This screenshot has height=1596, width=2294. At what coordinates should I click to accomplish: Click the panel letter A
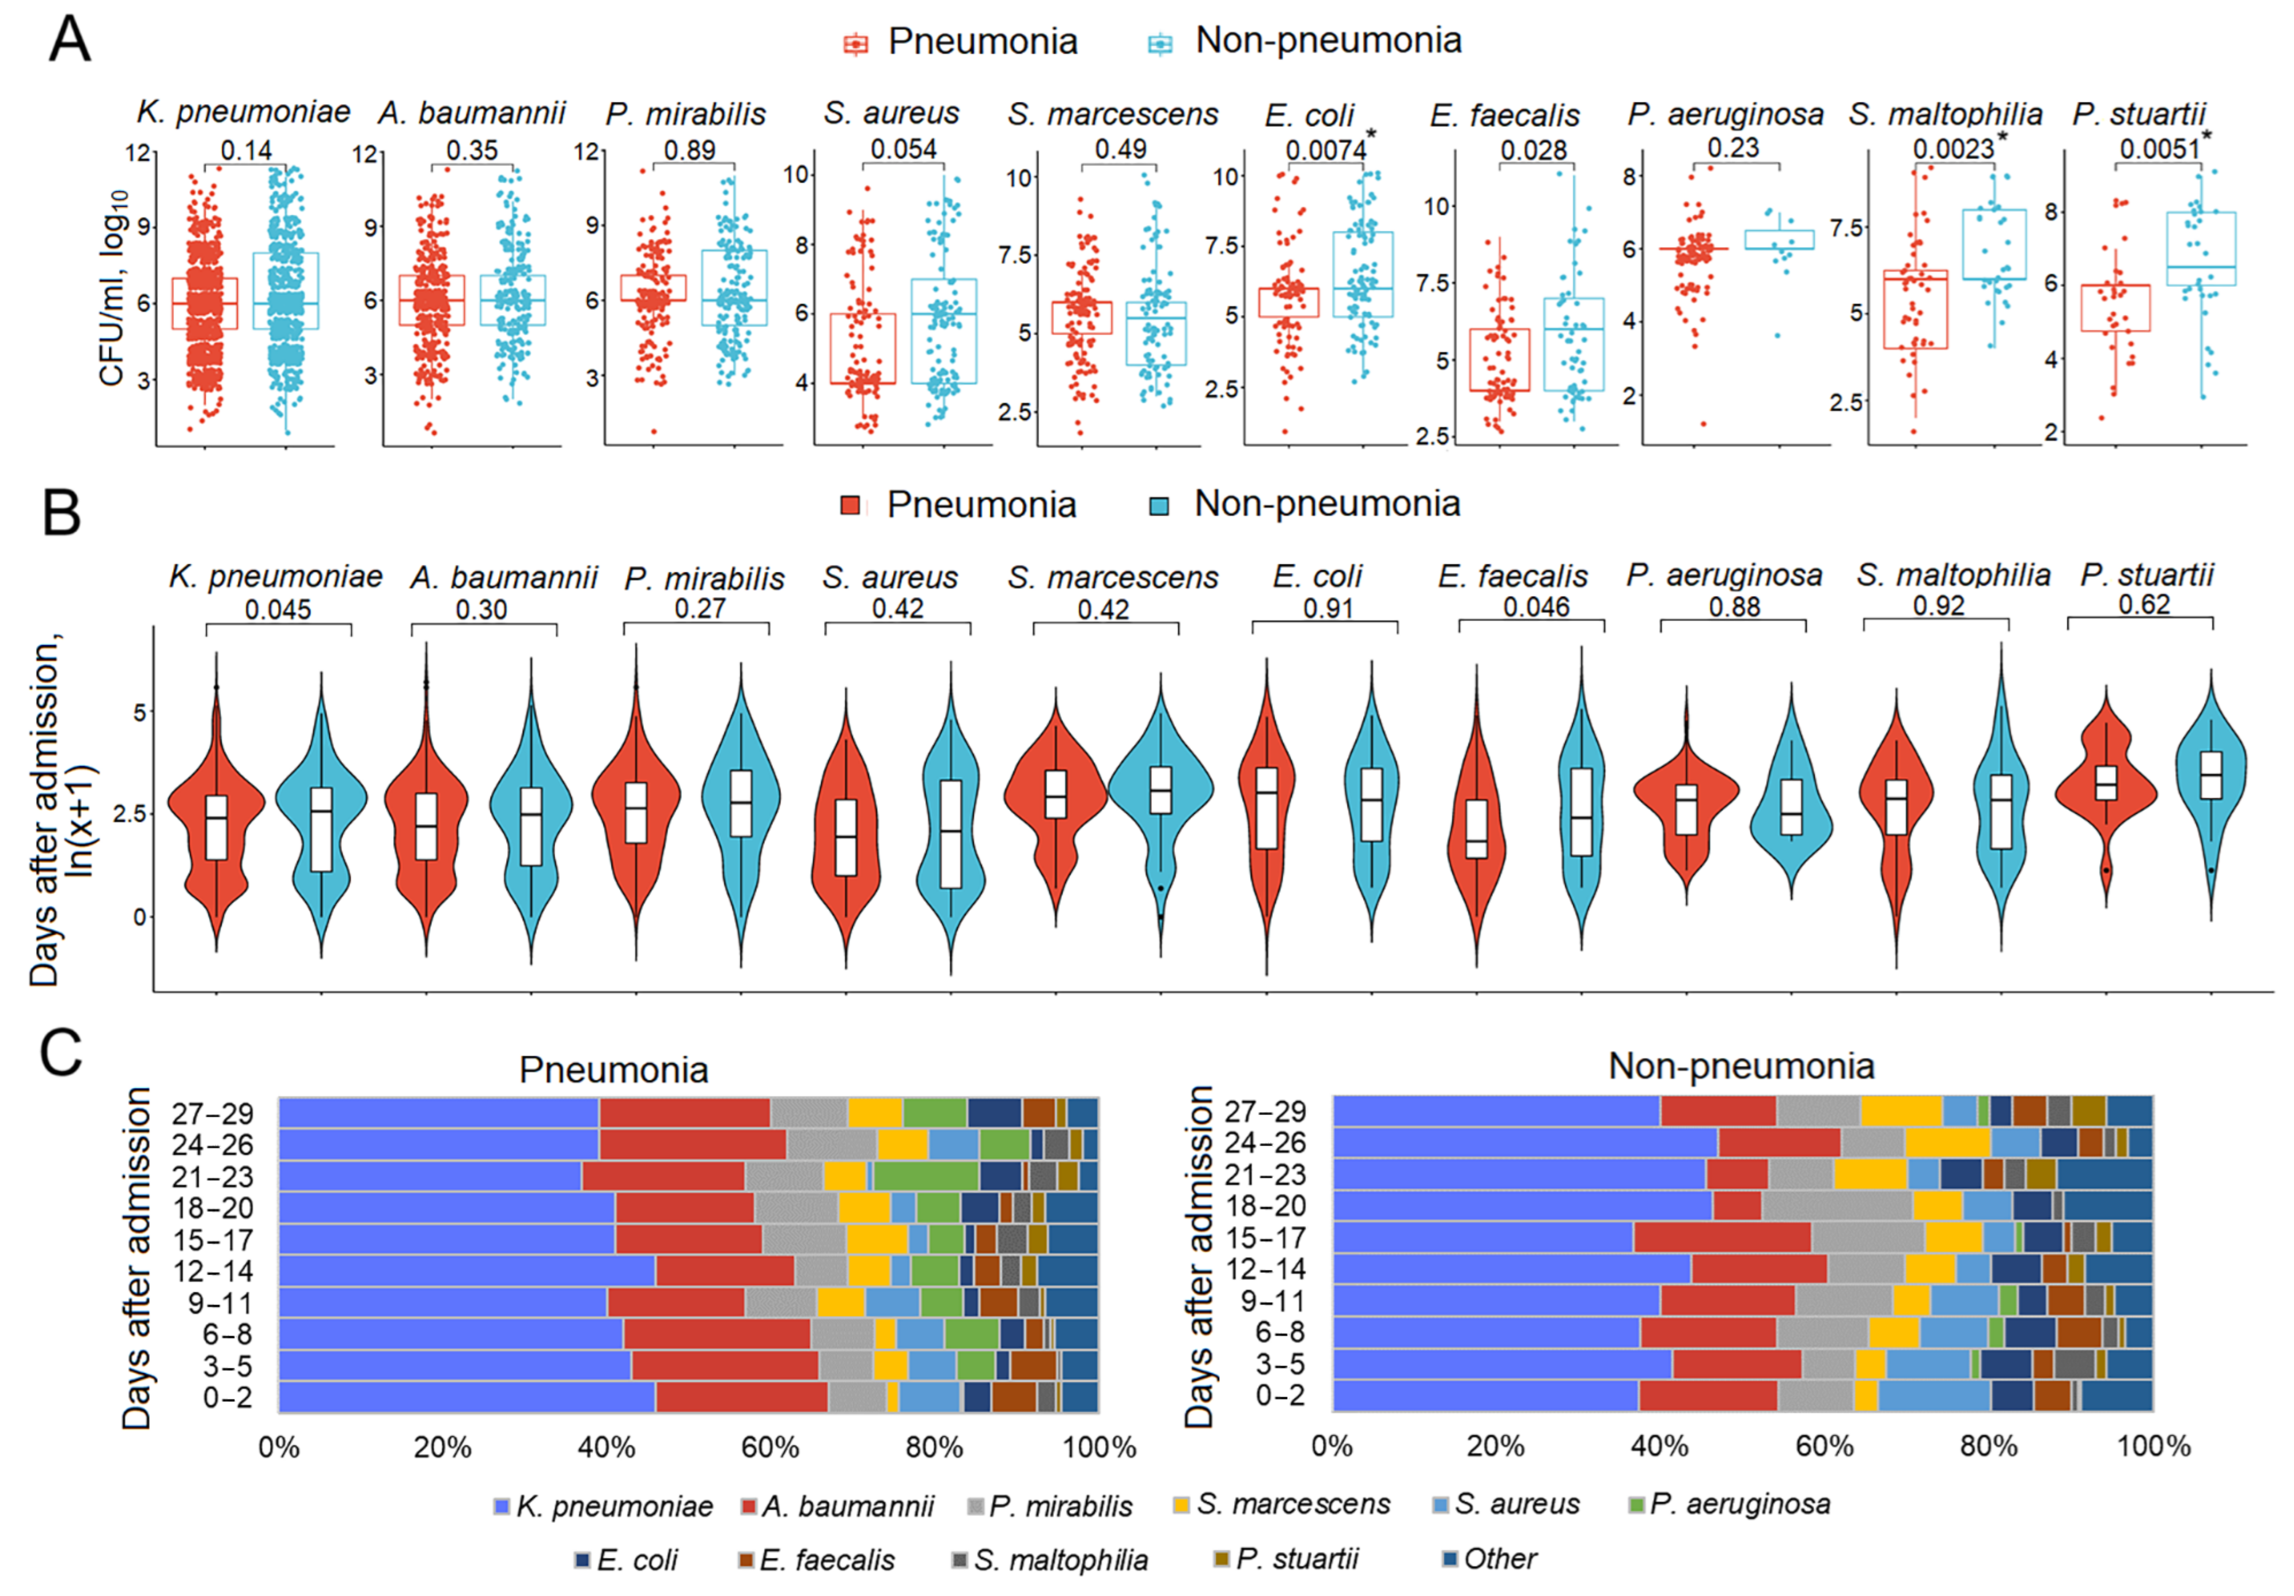(x=69, y=40)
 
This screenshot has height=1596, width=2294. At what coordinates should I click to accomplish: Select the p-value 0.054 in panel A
(x=903, y=149)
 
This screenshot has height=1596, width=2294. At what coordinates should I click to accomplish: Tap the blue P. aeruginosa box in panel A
(x=1780, y=240)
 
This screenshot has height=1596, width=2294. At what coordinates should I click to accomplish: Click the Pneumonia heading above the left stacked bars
(x=613, y=1070)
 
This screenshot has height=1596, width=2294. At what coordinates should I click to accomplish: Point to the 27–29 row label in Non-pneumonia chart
(x=1265, y=1111)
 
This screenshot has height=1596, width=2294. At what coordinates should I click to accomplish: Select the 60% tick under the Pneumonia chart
(x=770, y=1447)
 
